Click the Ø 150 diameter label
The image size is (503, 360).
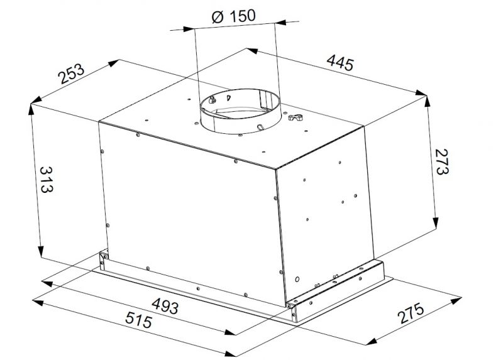click(x=234, y=17)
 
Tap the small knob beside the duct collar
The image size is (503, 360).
click(x=294, y=117)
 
